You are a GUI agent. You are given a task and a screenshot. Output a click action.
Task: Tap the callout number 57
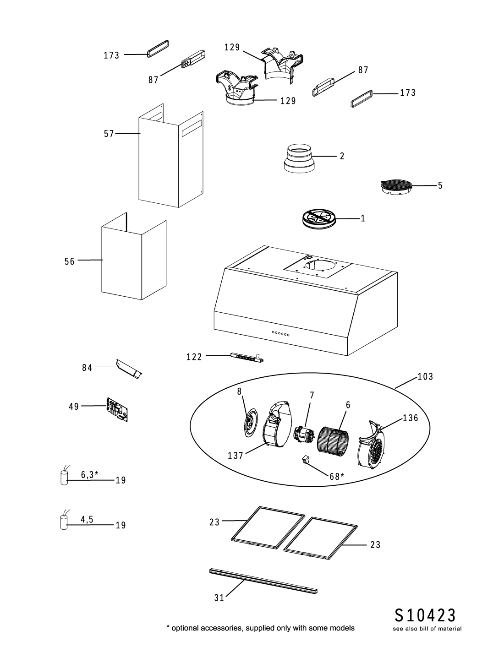109,134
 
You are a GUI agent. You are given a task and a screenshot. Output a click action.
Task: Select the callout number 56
69,261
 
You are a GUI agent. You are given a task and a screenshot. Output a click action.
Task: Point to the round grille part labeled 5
395,189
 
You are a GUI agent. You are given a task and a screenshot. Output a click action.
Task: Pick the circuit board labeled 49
117,410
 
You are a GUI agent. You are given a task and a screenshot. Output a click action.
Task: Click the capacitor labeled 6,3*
64,478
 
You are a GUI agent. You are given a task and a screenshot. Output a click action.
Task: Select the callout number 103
425,376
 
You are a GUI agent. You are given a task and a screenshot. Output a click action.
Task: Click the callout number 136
411,418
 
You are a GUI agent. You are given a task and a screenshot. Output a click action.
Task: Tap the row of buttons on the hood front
281,333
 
